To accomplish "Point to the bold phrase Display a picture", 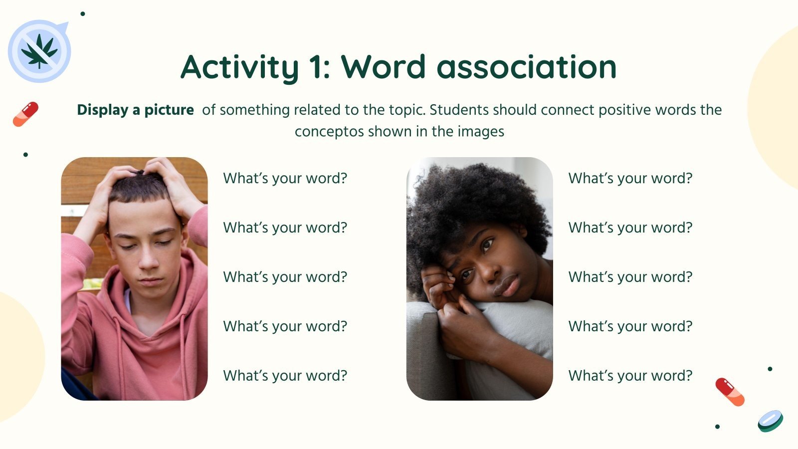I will (x=135, y=110).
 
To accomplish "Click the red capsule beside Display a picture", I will (x=25, y=114).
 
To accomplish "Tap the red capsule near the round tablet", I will (x=730, y=392).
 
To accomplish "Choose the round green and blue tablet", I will (x=770, y=421).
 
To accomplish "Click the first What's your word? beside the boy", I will (x=285, y=178).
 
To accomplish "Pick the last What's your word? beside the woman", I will (x=630, y=376).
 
